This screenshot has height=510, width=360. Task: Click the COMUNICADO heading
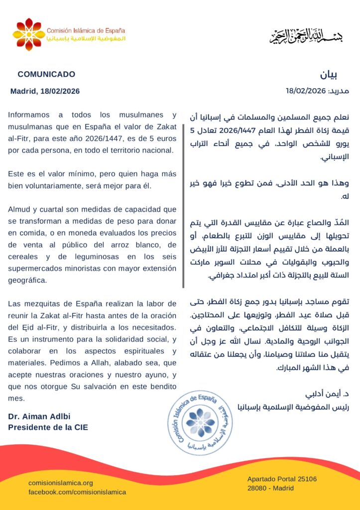tap(46, 74)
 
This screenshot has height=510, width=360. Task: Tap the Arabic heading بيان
tap(328, 75)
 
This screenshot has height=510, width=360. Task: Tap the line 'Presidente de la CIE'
tap(48, 427)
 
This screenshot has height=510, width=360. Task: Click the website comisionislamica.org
tap(61, 483)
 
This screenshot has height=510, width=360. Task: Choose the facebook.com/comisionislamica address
tap(77, 492)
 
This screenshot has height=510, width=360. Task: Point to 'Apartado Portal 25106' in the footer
tap(282, 479)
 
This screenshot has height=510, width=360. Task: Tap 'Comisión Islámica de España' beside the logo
tap(86, 30)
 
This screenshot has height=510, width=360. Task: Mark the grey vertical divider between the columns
tap(183, 199)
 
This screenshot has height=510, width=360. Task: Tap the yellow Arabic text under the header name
tap(86, 38)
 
